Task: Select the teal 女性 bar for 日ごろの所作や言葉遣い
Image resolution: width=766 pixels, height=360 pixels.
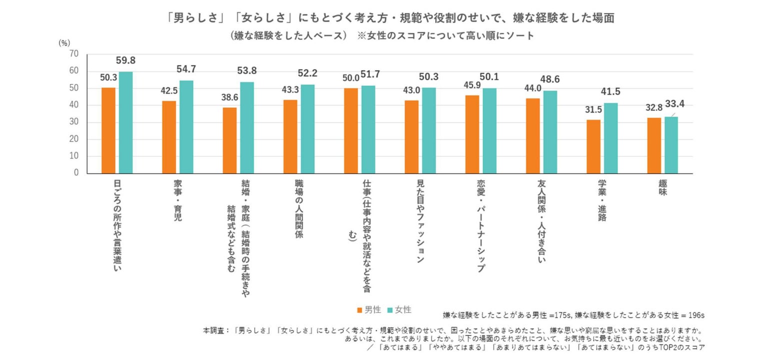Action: point(125,122)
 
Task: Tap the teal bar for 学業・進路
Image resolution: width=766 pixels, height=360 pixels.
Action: point(611,138)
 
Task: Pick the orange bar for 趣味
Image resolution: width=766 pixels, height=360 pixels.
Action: point(654,145)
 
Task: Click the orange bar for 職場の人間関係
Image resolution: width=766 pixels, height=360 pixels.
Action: point(290,136)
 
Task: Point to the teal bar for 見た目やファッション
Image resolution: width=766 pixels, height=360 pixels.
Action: point(429,130)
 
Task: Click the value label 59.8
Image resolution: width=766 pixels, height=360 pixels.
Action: point(125,60)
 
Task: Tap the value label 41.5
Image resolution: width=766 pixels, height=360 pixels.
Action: point(611,92)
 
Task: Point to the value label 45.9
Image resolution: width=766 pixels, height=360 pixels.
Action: point(472,85)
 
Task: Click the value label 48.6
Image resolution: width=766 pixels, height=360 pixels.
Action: point(550,79)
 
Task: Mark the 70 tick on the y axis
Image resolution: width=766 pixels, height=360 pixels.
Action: point(74,54)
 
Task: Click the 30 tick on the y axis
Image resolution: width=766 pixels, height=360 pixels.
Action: point(74,122)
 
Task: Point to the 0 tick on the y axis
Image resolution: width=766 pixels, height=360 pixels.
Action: point(76,173)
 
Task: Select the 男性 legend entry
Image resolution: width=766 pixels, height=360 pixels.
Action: point(369,310)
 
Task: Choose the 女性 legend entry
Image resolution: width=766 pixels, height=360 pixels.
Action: point(400,310)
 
